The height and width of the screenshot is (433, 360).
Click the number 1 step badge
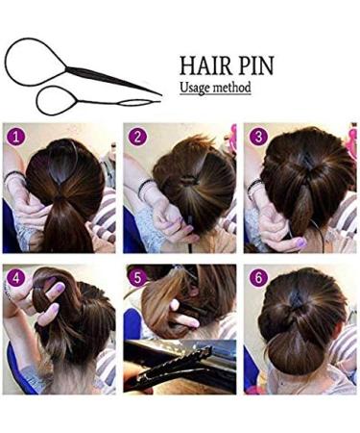pyautogui.click(x=15, y=137)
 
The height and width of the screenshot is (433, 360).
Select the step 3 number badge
pyautogui.click(x=257, y=137)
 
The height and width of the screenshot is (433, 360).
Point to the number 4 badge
pyautogui.click(x=15, y=278)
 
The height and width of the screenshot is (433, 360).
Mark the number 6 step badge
pyautogui.click(x=257, y=278)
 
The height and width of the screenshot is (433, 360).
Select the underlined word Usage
pyautogui.click(x=197, y=88)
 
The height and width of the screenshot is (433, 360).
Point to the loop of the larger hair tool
pyautogui.click(x=23, y=58)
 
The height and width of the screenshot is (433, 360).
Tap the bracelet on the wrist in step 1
pyautogui.click(x=13, y=179)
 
